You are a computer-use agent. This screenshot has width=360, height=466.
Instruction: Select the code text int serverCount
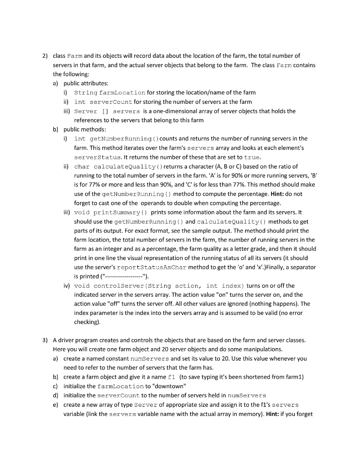(103, 101)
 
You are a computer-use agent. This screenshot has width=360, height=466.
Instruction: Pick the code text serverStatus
(95, 157)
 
